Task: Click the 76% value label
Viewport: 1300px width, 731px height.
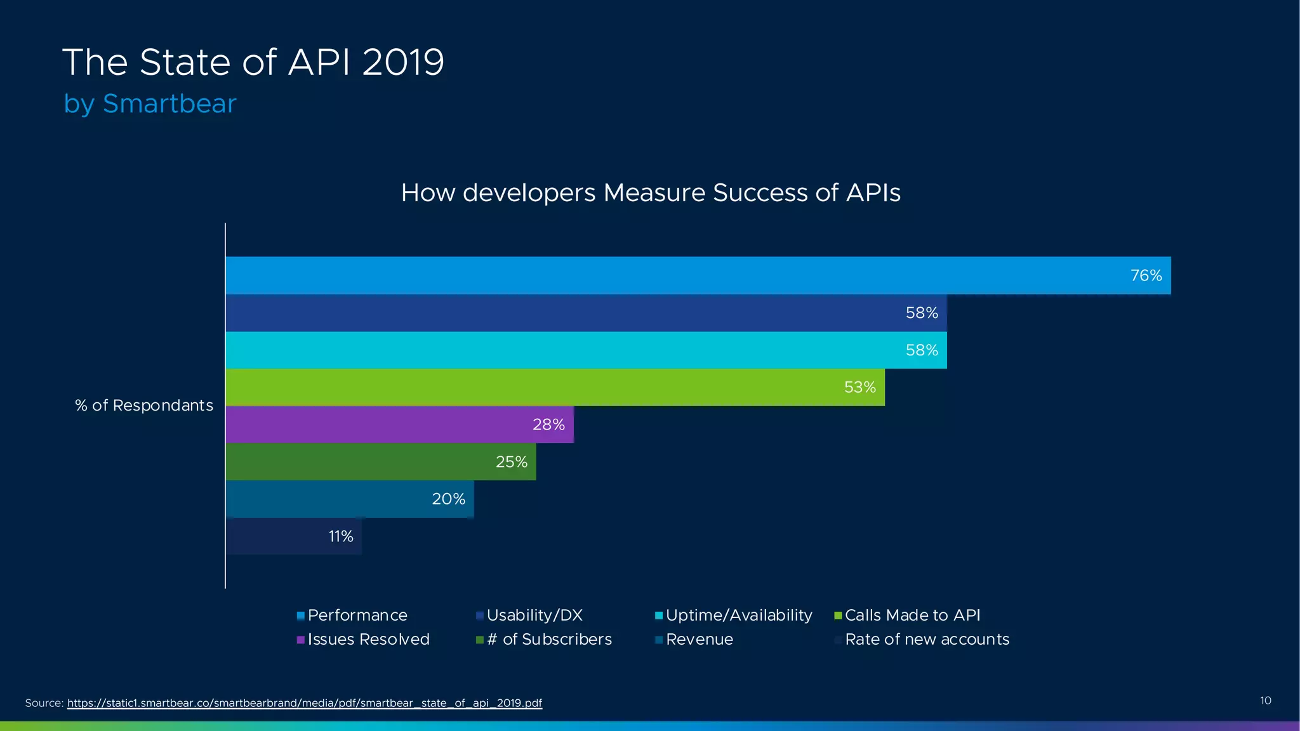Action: pos(1146,275)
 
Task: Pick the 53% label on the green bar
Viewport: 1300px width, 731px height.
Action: pos(859,387)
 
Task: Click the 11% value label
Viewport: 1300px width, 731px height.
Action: pos(341,537)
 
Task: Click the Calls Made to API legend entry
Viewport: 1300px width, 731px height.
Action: pos(912,616)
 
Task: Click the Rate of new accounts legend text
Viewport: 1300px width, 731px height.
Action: pos(927,640)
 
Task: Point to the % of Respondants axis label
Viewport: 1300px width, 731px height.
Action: pos(144,405)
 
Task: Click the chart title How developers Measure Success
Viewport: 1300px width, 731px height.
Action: pos(650,193)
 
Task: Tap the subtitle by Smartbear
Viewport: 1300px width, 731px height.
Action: pos(150,103)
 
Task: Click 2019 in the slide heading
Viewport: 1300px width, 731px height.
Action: pos(403,62)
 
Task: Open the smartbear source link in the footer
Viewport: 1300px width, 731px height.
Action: pos(305,703)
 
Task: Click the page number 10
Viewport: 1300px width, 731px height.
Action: pos(1265,701)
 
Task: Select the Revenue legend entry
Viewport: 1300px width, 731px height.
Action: pos(699,640)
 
